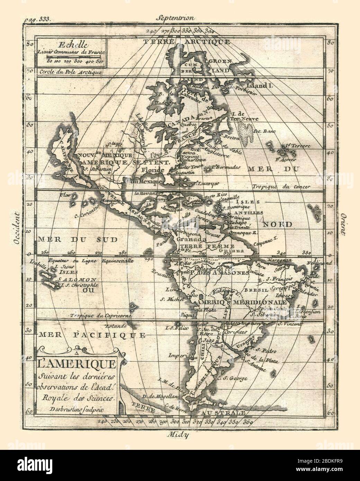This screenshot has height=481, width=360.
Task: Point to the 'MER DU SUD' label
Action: pyautogui.click(x=78, y=239)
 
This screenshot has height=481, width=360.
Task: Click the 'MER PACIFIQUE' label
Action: pyautogui.click(x=92, y=335)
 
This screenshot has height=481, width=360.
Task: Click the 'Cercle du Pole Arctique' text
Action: pyautogui.click(x=70, y=72)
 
